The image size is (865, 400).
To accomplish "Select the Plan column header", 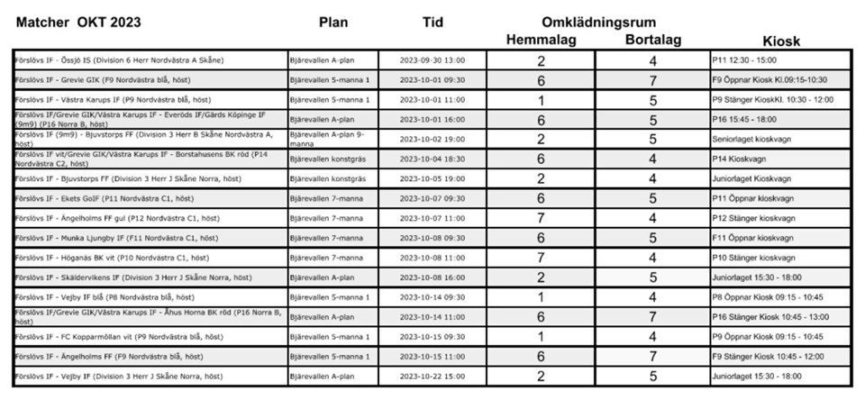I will (332, 22).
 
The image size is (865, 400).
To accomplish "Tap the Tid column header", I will (432, 22).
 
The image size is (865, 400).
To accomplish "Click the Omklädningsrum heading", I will (597, 22).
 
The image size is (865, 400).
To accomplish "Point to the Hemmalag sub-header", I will (541, 40).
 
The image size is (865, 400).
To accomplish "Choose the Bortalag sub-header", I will (653, 40).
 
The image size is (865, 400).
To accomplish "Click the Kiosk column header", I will (781, 41).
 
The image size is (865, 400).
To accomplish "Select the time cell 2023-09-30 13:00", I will (432, 60).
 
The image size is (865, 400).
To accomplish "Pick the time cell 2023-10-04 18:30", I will (432, 159).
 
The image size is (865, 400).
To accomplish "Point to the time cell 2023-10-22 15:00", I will (432, 376).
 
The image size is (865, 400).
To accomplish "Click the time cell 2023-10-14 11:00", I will (432, 316).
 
